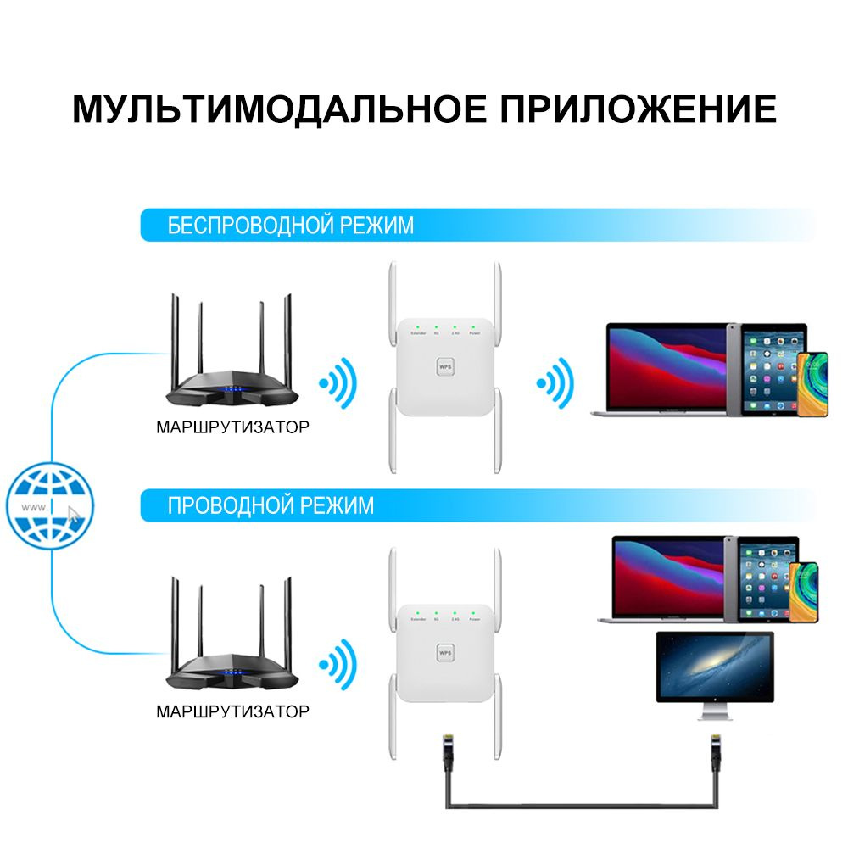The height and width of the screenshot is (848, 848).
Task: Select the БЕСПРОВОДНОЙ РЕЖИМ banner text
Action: (x=291, y=226)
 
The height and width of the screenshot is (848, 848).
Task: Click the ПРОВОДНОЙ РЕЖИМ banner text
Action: (x=271, y=506)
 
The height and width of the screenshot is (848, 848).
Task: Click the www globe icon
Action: (x=50, y=508)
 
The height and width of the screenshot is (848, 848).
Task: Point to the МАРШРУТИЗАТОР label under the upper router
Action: (x=232, y=427)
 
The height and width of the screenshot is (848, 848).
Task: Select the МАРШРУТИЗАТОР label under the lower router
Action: (x=232, y=711)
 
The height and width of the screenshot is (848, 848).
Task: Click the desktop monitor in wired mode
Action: (x=715, y=670)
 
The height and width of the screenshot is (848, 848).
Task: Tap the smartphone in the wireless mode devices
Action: (x=812, y=383)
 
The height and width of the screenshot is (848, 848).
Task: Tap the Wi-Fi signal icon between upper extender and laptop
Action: (x=555, y=383)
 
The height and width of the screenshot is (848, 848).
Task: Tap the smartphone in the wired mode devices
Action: (x=807, y=590)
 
